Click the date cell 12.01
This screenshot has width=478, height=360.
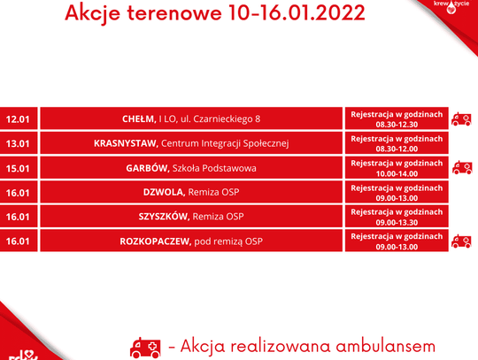(18, 119)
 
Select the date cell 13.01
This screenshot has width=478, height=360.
(18, 143)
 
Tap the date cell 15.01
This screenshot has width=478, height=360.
(18, 168)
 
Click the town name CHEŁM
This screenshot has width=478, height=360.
(139, 119)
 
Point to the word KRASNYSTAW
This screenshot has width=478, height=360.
(125, 143)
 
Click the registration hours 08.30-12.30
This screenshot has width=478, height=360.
(397, 125)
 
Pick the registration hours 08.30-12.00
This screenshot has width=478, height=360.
(397, 149)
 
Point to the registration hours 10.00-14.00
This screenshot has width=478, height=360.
(397, 174)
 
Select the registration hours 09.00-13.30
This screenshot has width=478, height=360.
(397, 223)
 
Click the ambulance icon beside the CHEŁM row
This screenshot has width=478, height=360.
(461, 119)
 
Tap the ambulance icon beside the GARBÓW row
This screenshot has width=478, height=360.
(461, 168)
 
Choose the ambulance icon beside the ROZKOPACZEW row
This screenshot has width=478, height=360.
(461, 241)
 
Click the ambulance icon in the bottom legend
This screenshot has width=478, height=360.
(146, 346)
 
